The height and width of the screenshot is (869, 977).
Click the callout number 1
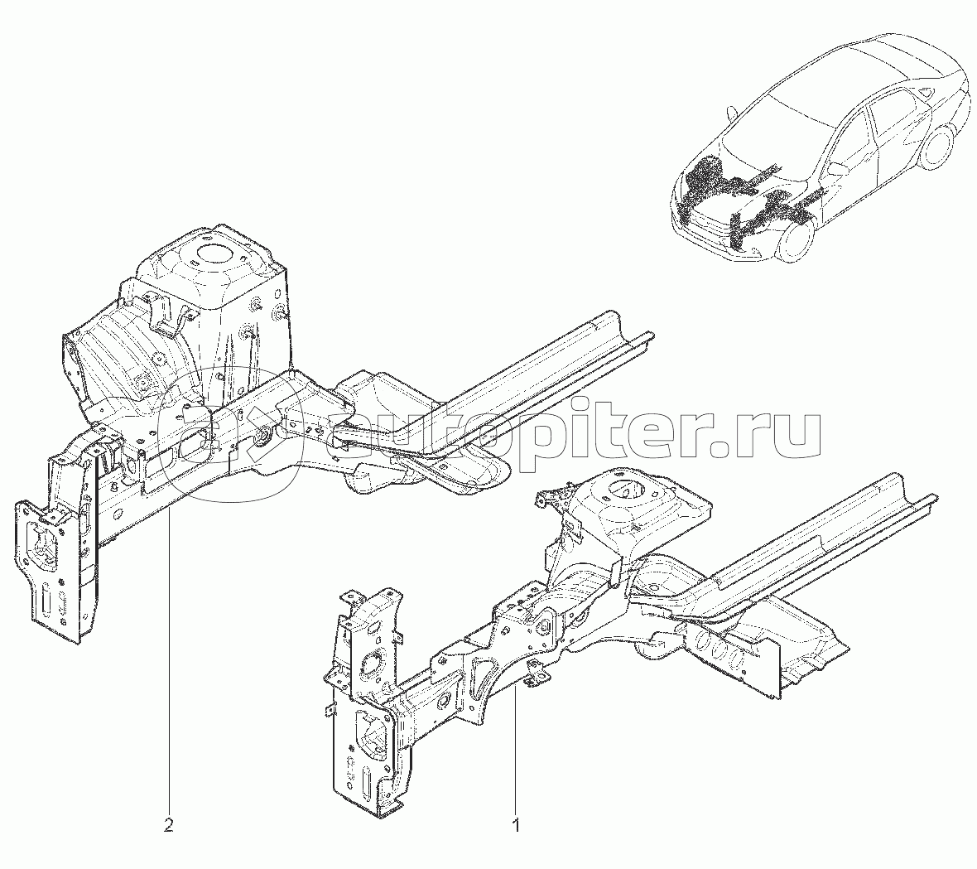tap(515, 827)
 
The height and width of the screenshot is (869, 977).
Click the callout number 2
tap(168, 826)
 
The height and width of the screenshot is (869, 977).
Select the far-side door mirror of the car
tap(732, 114)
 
